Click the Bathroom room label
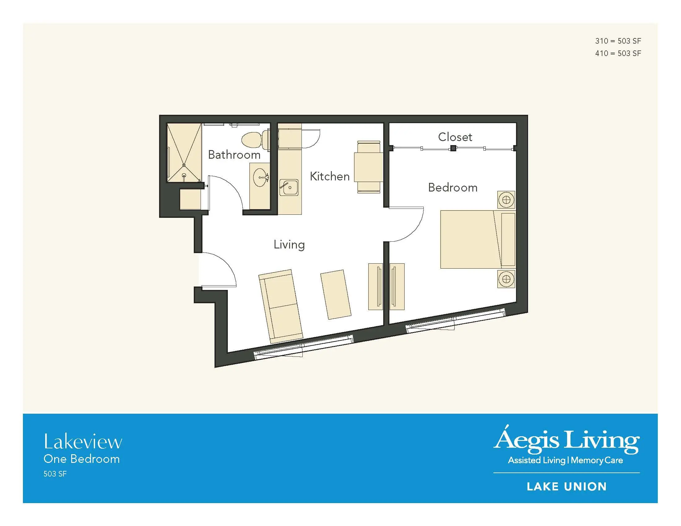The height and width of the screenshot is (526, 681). (x=234, y=155)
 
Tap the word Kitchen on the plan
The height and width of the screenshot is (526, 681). (x=330, y=176)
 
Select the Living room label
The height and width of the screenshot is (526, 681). (x=289, y=245)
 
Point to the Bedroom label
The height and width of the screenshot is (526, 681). (x=453, y=188)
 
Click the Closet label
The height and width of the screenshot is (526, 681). (x=455, y=137)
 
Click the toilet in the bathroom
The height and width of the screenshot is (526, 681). (x=255, y=139)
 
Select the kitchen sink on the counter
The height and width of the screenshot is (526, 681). (x=289, y=188)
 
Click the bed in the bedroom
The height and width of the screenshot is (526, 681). (x=478, y=239)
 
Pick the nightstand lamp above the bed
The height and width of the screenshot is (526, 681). (x=506, y=200)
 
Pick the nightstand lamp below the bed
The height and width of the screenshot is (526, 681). (x=506, y=279)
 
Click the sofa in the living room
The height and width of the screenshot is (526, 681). (x=281, y=306)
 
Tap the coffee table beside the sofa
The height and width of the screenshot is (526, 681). (x=336, y=295)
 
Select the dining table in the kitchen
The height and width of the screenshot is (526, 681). (x=369, y=167)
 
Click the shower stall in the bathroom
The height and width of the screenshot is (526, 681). (x=184, y=152)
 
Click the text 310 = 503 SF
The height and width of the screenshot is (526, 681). (x=618, y=41)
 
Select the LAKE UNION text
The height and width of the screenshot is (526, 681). (x=566, y=487)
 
